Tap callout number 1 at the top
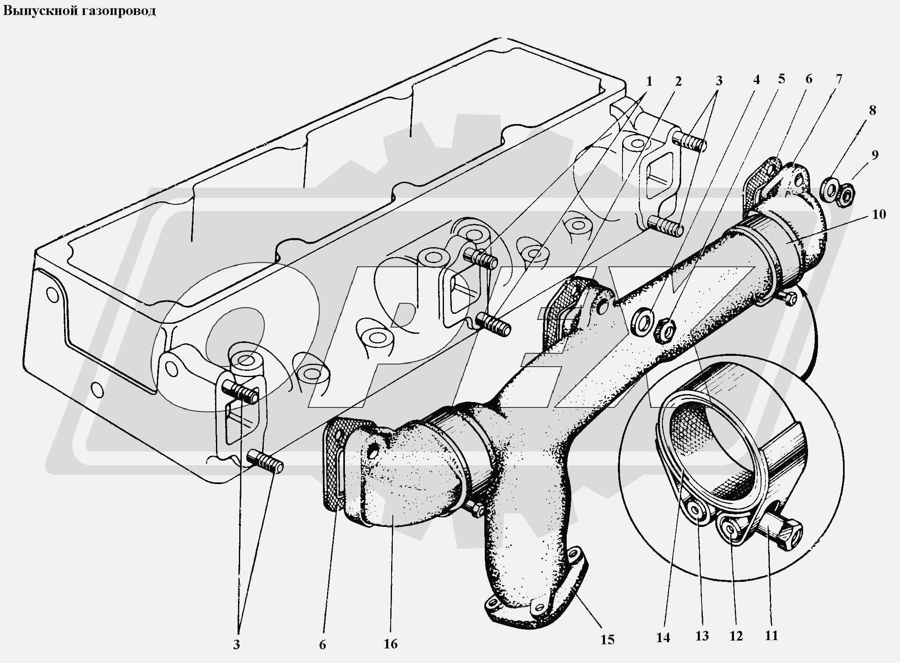[649, 82]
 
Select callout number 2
[678, 81]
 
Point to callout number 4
[756, 79]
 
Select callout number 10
[879, 214]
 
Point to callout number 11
[771, 636]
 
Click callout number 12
[736, 636]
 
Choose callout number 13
[702, 636]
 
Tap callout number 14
[663, 637]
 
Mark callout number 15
[607, 640]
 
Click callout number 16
[390, 644]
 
